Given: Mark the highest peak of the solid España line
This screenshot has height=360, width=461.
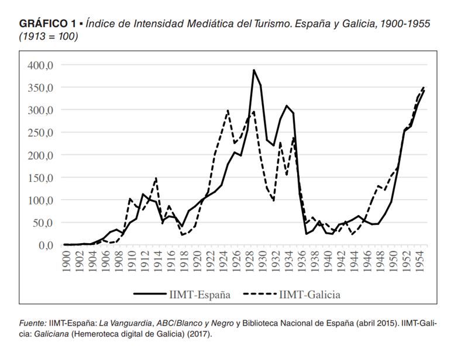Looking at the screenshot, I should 254,70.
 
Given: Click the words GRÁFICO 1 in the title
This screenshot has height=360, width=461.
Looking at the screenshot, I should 47,24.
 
